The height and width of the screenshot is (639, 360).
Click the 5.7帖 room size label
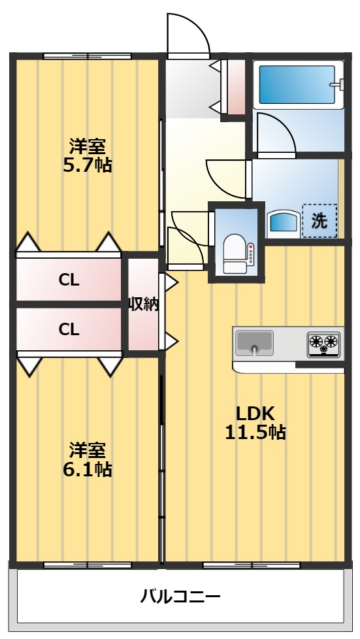click(x=87, y=165)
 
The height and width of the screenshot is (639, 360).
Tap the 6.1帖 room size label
click(x=87, y=468)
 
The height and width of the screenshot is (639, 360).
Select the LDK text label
click(x=255, y=412)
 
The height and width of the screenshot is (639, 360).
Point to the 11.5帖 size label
click(x=255, y=432)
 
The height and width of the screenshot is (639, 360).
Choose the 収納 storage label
click(x=143, y=304)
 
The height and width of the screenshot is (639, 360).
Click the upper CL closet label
click(x=69, y=280)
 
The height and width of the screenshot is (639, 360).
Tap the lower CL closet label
click(x=69, y=329)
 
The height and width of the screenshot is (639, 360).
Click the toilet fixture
click(x=233, y=253)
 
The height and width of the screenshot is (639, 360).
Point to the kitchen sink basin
click(x=254, y=342)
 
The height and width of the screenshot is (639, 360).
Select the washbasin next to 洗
click(x=283, y=222)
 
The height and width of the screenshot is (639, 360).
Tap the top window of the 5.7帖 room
click(x=88, y=56)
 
